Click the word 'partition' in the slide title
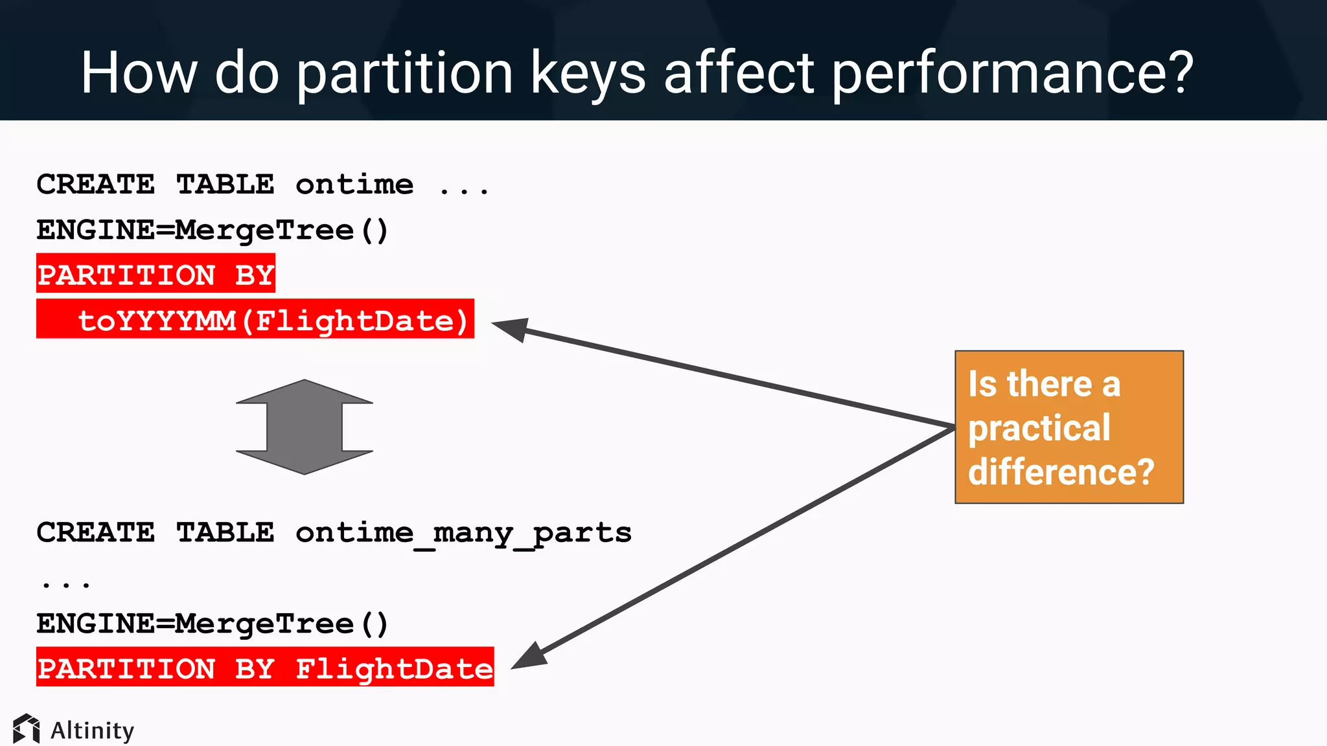click(404, 73)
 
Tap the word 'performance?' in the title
click(1012, 73)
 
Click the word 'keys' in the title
click(588, 73)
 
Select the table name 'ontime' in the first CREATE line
click(354, 185)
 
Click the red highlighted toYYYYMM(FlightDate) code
click(272, 320)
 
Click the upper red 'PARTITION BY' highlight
click(156, 275)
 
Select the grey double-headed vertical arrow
click(304, 427)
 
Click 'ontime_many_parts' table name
click(463, 532)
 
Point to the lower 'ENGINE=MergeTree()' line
click(212, 624)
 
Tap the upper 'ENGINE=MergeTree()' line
click(212, 230)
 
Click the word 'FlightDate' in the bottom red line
click(394, 668)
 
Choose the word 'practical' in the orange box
click(1039, 428)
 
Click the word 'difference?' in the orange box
click(1061, 471)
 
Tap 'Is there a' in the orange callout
click(1044, 384)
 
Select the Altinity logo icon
click(26, 729)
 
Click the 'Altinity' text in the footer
click(92, 730)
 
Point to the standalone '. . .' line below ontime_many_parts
click(65, 583)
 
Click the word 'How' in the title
click(139, 73)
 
